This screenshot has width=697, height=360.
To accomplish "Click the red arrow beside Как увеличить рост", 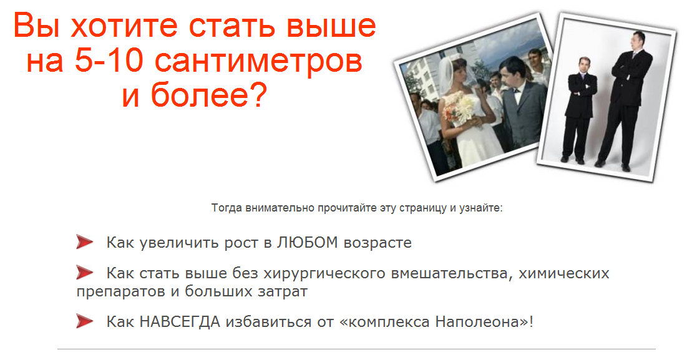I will pyautogui.click(x=84, y=242).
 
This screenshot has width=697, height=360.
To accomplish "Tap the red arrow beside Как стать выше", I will pyautogui.click(x=84, y=273).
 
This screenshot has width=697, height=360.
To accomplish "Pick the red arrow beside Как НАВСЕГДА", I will pyautogui.click(x=84, y=321).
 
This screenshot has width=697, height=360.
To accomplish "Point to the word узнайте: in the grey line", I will pyautogui.click(x=480, y=207).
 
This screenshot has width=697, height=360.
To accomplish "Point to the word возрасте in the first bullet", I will pyautogui.click(x=378, y=243).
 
